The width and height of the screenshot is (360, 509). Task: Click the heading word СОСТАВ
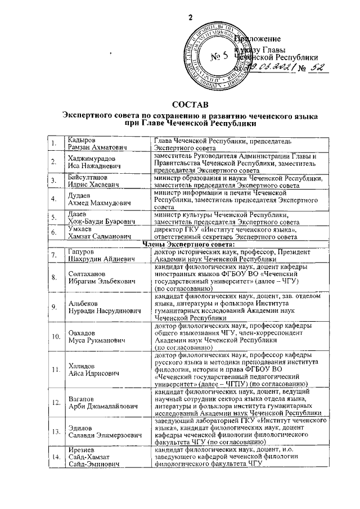[x=190, y=105]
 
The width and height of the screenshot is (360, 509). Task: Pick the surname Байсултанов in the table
[x=90, y=178]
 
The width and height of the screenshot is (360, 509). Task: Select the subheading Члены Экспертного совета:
[x=190, y=245]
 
